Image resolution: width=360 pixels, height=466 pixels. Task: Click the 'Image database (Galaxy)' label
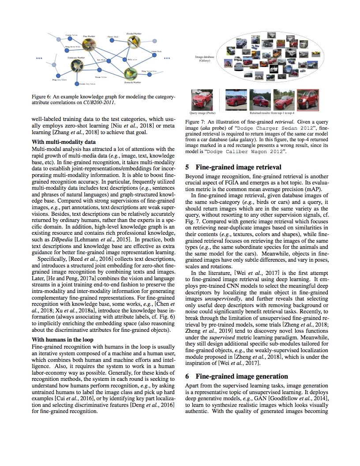click(x=204, y=59)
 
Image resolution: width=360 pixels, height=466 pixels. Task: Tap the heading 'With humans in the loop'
click(x=63, y=339)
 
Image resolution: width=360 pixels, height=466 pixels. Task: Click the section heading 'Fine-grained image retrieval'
click(x=238, y=167)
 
